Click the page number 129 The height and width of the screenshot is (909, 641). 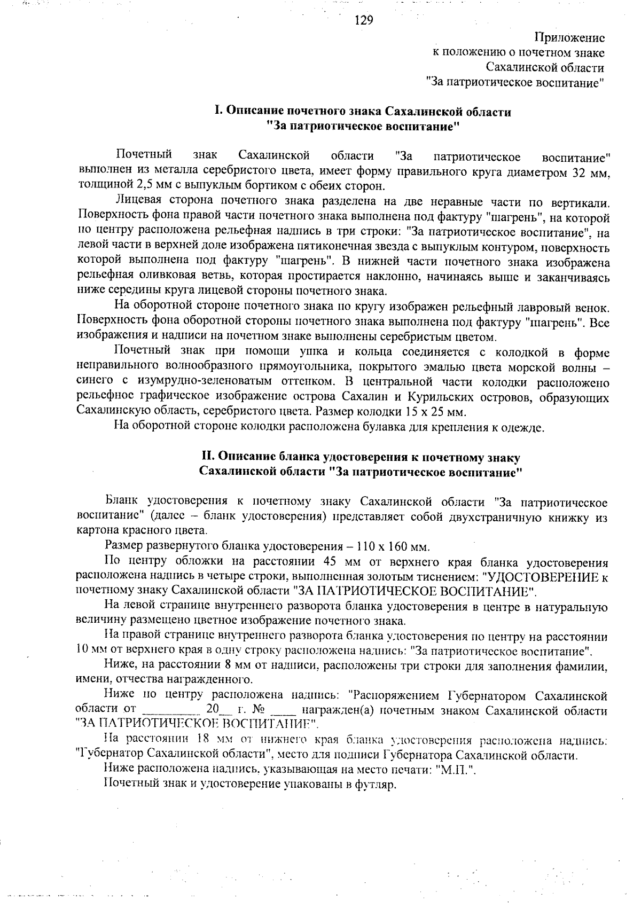coord(363,20)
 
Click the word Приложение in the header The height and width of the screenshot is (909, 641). coord(569,38)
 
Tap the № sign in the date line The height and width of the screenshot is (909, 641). coord(259,711)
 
